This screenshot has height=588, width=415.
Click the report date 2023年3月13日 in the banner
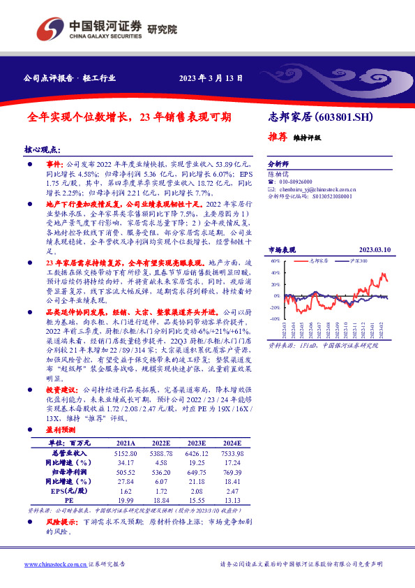[211, 78]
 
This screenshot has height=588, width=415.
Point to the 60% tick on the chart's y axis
[275, 260]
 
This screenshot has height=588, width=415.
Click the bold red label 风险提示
[61, 522]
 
